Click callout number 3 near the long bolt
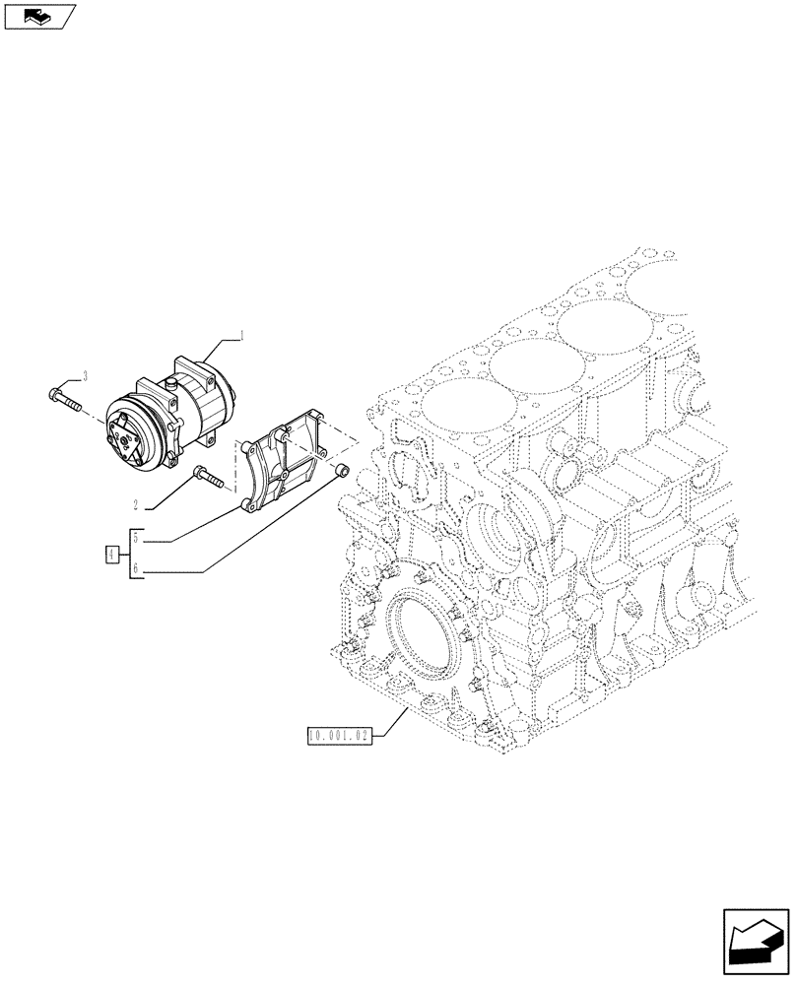[86, 375]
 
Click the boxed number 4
[112, 556]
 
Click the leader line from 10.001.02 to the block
[388, 722]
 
